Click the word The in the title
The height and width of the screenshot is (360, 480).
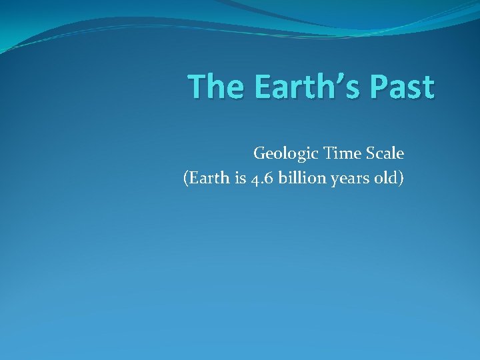click(213, 87)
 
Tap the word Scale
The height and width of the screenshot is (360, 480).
click(384, 153)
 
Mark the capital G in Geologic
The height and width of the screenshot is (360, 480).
click(259, 153)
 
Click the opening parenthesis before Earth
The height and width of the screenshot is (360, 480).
click(185, 179)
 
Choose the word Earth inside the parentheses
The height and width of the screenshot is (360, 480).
click(205, 178)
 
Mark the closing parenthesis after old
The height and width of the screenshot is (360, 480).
click(401, 179)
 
